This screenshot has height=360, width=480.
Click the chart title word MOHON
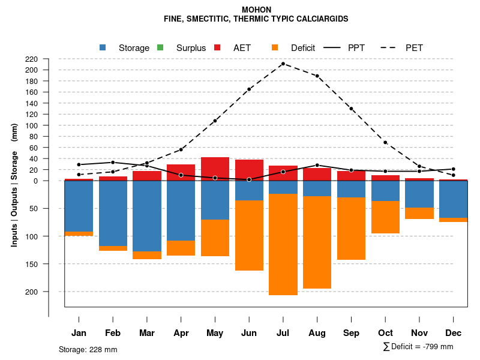point(256,10)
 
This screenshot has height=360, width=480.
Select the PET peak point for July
point(283,64)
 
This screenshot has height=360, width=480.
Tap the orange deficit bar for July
point(283,244)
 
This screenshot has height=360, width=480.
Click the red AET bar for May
point(215,169)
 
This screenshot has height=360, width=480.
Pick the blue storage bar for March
point(147,216)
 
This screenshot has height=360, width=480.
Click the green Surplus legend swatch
point(160,48)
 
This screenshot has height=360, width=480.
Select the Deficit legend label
point(303,48)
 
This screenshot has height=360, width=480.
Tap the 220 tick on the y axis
point(32,59)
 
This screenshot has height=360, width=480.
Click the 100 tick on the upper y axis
point(32,125)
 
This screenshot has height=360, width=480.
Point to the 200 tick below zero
point(32,292)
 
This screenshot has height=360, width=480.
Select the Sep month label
point(351,333)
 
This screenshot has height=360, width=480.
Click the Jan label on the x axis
point(79,333)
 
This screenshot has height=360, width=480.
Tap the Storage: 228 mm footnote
point(88,349)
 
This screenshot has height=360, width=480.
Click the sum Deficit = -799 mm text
point(418,347)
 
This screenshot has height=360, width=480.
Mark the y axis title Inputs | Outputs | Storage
point(14,185)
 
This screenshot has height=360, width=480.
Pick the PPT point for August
point(317,165)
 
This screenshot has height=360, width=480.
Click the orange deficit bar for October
point(385,217)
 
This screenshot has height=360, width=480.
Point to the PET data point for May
point(215,121)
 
